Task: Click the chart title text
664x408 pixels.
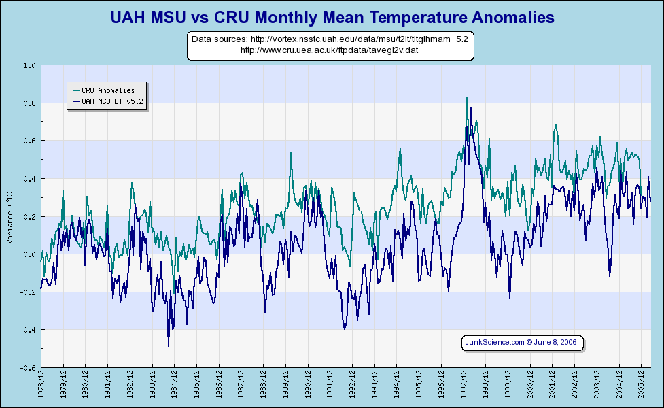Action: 332,16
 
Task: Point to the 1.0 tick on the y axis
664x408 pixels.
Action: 29,66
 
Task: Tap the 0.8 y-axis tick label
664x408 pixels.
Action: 29,103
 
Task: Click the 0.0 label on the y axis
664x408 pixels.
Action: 29,254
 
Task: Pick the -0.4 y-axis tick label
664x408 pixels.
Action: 28,330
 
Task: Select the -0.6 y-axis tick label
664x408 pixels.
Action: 28,368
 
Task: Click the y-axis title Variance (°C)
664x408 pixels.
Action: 10,217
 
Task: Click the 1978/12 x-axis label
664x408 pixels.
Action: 41,386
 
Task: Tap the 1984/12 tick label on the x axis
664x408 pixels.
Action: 175,386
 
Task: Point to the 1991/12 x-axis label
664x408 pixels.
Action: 330,386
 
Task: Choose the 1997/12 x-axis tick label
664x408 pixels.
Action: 464,386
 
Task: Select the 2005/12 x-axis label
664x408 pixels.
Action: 642,386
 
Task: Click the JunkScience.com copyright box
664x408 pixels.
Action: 521,343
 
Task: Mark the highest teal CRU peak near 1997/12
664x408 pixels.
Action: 467,98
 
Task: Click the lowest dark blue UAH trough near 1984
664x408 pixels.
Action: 169,345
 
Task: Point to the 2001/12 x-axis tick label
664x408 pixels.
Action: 553,386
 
